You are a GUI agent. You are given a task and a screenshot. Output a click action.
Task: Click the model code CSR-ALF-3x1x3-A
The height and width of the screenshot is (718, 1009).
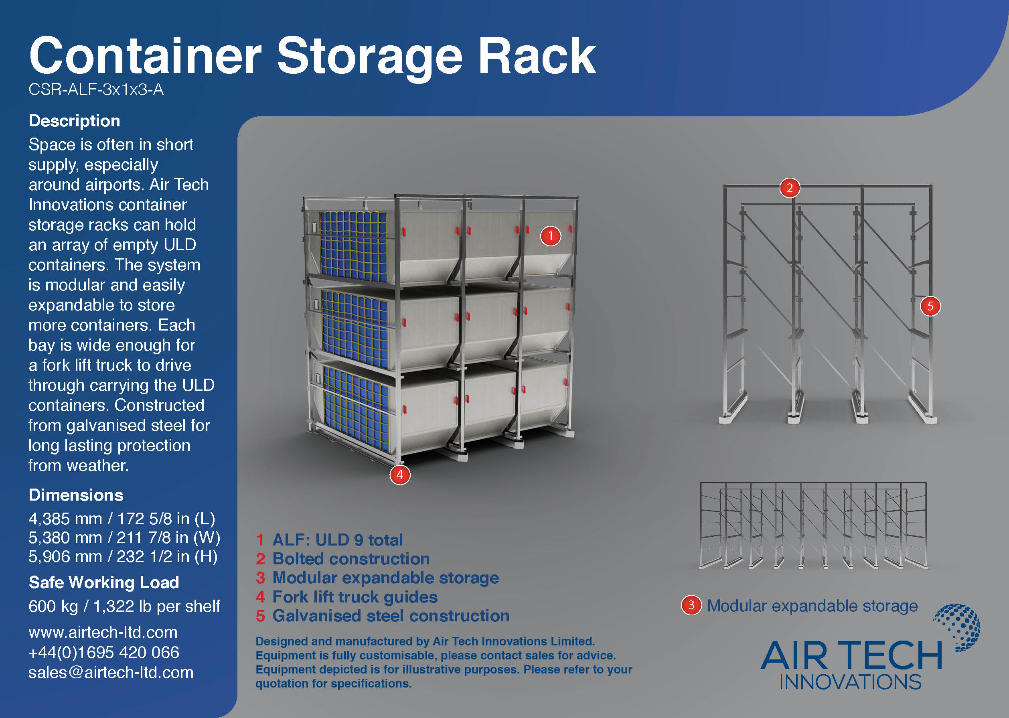(96, 90)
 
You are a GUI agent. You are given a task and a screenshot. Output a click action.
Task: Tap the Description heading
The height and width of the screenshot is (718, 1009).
(74, 121)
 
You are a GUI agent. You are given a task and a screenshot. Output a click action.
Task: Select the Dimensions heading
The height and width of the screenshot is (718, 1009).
(75, 495)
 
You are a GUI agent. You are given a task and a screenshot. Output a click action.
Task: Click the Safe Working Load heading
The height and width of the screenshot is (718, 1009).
(103, 582)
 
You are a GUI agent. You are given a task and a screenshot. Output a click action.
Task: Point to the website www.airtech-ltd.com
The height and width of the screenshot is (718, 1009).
(103, 632)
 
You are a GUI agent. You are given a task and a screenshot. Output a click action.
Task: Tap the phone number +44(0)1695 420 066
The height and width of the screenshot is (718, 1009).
(103, 652)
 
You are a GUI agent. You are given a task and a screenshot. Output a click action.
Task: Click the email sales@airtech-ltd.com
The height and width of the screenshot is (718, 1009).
(111, 672)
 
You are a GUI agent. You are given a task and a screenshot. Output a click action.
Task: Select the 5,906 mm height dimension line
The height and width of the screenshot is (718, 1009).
(122, 556)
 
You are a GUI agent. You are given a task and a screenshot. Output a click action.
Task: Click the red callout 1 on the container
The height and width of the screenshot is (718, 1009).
(550, 236)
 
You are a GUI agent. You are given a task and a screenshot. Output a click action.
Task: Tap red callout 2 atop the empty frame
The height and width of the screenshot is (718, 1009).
(789, 188)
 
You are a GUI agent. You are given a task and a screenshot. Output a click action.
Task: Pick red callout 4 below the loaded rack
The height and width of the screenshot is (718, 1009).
(399, 475)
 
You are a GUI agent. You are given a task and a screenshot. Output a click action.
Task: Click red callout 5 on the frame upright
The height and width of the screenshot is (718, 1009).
(930, 306)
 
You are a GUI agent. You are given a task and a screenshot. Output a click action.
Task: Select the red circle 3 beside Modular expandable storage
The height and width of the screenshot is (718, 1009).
(691, 605)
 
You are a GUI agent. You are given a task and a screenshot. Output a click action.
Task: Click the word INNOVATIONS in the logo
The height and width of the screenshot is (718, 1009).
(850, 682)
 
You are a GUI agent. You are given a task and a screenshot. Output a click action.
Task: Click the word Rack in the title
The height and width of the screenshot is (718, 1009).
(537, 56)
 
